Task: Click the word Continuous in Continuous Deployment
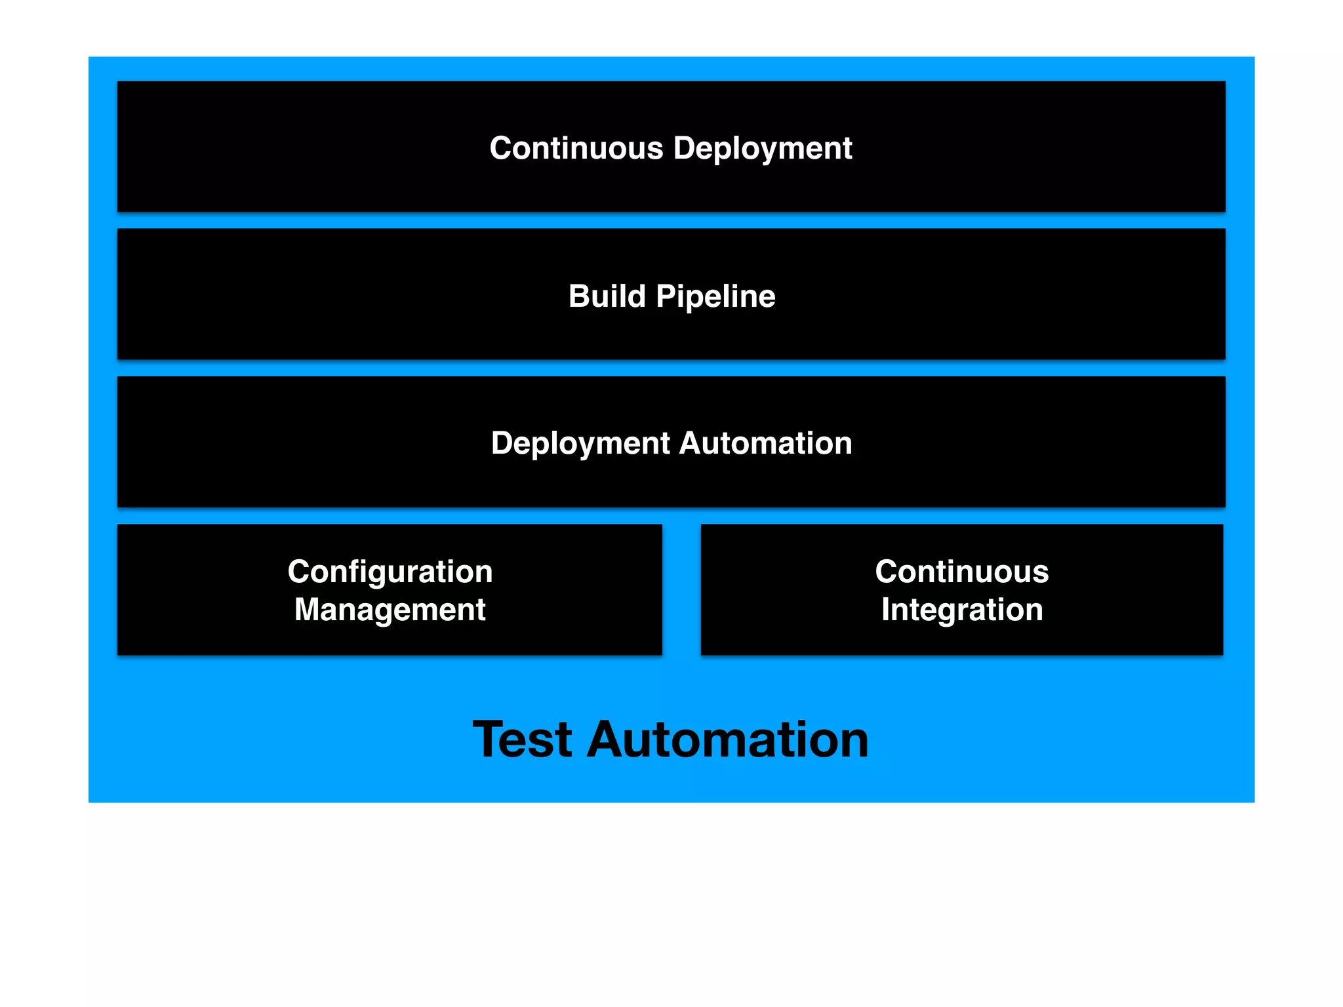(576, 148)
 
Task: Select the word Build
(607, 296)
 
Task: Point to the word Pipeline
(715, 297)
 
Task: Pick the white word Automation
(765, 443)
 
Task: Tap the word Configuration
(390, 572)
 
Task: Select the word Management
(390, 610)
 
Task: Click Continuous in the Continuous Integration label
(961, 572)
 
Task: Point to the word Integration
(961, 610)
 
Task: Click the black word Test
(523, 740)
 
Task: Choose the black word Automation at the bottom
(727, 740)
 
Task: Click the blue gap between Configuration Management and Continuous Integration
(681, 589)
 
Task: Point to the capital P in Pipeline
(666, 296)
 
